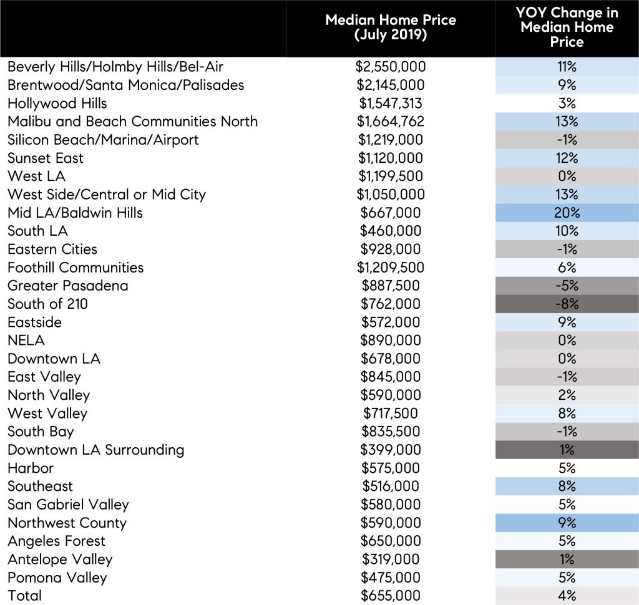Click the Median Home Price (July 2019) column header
click(x=391, y=27)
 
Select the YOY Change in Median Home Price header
click(x=567, y=28)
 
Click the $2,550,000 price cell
click(x=391, y=67)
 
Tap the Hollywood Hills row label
click(x=57, y=103)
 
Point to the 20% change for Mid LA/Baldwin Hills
click(x=567, y=213)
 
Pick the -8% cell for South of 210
click(x=567, y=304)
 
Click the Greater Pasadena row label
click(x=68, y=286)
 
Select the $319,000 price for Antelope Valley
click(x=391, y=559)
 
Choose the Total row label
click(x=25, y=595)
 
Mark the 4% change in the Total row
click(x=567, y=595)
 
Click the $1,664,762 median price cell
click(x=391, y=121)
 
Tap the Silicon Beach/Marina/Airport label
click(x=103, y=140)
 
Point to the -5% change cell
click(x=567, y=286)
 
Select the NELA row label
click(x=26, y=341)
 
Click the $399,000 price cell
click(x=391, y=450)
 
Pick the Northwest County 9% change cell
click(x=567, y=523)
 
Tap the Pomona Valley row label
click(x=57, y=577)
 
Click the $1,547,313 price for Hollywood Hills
click(x=391, y=103)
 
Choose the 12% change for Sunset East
click(x=567, y=158)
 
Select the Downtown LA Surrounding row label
click(x=95, y=450)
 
